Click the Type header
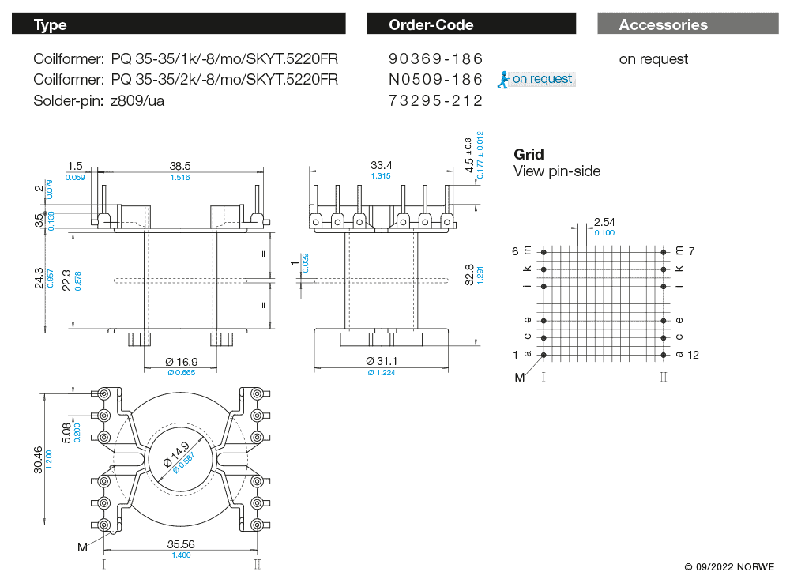click(51, 24)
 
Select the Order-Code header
click(431, 24)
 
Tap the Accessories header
click(663, 24)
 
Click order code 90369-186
click(435, 59)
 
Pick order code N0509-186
click(435, 80)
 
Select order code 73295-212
click(435, 101)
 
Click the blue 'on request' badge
click(536, 79)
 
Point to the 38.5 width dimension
click(180, 166)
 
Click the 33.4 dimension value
click(381, 165)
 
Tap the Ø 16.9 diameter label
click(181, 362)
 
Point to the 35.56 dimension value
click(181, 544)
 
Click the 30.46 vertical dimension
click(39, 458)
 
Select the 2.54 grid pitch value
click(604, 222)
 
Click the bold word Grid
click(529, 154)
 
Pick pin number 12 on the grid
click(694, 355)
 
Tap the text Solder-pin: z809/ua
click(99, 101)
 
